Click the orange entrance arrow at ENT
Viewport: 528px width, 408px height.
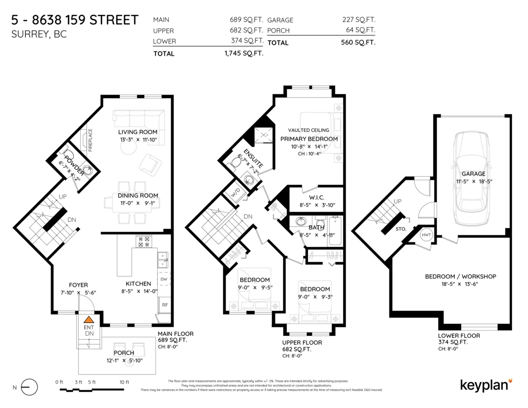[x=89, y=320]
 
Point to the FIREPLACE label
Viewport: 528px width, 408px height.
[x=90, y=140]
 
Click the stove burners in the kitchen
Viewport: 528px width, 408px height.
[x=143, y=242]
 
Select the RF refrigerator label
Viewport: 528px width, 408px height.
[x=165, y=305]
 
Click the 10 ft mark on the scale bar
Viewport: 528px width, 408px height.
[x=125, y=382]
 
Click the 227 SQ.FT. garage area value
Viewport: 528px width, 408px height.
[x=359, y=20]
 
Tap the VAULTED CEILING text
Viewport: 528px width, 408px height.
[x=308, y=130]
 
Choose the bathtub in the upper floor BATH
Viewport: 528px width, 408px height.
[x=334, y=231]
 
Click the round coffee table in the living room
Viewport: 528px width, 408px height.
[x=128, y=149]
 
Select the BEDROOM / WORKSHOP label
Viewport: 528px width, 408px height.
[x=460, y=276]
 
